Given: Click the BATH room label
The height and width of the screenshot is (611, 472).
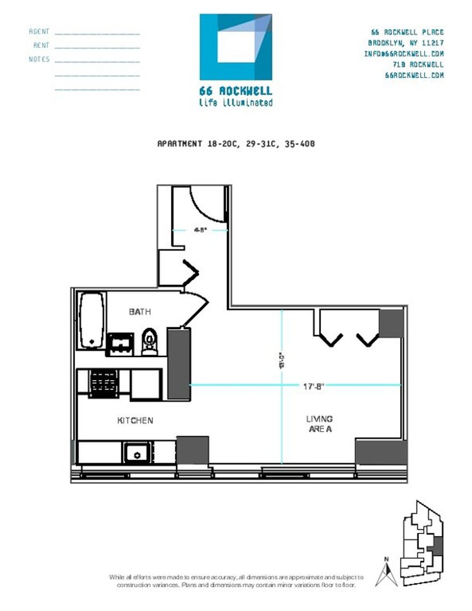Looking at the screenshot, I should pos(140,312).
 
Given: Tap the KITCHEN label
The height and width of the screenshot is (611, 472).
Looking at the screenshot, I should pos(135,420).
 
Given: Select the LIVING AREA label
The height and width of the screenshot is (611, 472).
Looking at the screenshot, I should pos(319,424).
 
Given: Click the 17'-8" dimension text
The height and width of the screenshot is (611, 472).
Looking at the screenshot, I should pos(313,386).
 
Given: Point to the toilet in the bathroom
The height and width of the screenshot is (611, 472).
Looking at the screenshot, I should pos(149,342).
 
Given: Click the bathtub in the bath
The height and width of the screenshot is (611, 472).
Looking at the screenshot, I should pos(92,320).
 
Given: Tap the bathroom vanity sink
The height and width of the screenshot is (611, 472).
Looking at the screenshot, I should pos(120,344).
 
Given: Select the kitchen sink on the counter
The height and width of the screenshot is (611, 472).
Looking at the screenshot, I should pos(137,453).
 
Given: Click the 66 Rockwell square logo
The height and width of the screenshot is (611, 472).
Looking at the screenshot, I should pos(236,47).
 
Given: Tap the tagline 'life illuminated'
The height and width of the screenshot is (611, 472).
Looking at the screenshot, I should pos(236,103).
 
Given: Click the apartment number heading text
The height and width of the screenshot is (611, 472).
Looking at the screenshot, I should pos(236,144).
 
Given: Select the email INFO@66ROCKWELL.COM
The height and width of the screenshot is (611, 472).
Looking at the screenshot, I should pos(404,54).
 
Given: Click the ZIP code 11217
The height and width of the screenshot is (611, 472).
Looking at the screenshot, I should pos(432,43).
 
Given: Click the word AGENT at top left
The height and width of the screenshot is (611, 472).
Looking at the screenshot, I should pos(39,31).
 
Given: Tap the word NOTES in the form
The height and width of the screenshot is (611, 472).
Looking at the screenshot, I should pos(39,59).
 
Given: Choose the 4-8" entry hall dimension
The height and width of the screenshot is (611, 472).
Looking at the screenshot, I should pos(200,230).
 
